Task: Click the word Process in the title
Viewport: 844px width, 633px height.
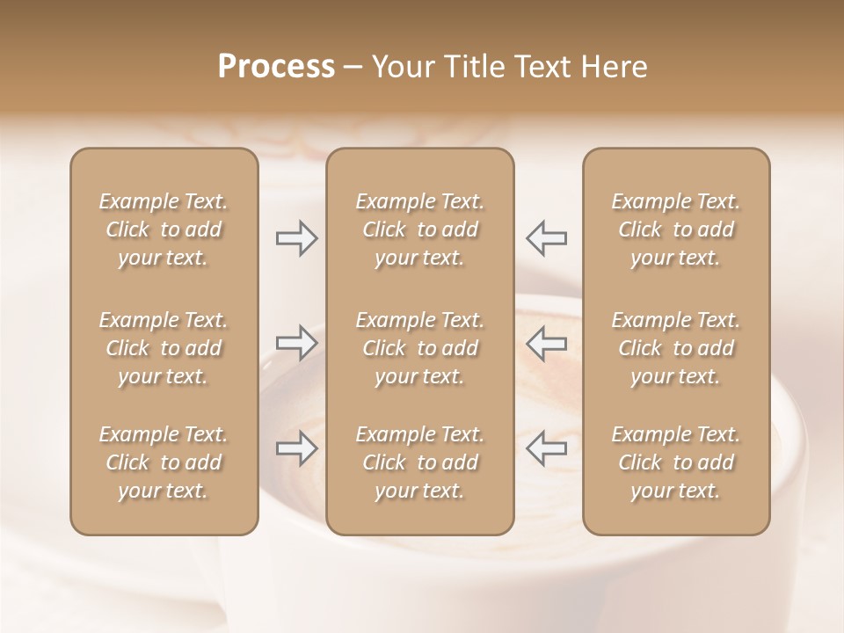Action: pos(276,67)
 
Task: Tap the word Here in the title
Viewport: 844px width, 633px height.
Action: pos(613,67)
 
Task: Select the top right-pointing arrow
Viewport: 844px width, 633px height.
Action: pos(296,238)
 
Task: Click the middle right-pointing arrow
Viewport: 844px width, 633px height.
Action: pos(296,343)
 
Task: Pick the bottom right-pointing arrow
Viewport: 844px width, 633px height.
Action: pos(296,448)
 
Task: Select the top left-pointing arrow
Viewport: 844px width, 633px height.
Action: pos(547,238)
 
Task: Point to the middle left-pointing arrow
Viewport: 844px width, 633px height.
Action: pos(547,343)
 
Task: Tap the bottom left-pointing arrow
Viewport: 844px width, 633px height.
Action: pos(547,448)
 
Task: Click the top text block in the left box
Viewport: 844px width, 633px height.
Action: pos(164,229)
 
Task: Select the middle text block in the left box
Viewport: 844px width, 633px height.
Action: pos(164,348)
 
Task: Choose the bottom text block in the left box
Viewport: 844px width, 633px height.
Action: pos(164,462)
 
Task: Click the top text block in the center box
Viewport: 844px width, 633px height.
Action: pos(420,229)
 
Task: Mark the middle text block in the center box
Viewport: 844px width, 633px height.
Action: pos(420,348)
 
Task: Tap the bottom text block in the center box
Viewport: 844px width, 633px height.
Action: pos(420,462)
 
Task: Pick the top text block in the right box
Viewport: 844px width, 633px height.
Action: pos(676,229)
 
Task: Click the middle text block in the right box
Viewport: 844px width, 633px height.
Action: pos(676,348)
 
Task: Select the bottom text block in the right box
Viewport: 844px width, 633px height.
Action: pos(676,462)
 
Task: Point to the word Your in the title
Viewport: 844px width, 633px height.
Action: pos(403,67)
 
